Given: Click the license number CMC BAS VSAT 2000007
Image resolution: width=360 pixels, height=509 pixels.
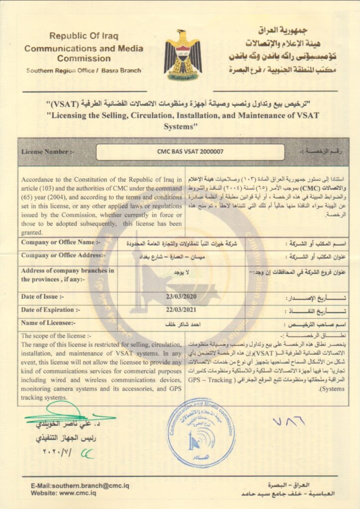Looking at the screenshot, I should click(x=190, y=152).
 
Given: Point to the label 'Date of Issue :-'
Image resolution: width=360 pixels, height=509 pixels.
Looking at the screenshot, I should click(x=43, y=297).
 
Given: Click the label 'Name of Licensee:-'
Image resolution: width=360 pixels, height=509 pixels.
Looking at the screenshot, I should click(x=48, y=323).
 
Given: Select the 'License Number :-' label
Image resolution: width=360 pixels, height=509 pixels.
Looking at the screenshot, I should click(x=48, y=152).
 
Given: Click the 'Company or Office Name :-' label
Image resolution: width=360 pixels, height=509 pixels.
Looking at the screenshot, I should click(x=61, y=243).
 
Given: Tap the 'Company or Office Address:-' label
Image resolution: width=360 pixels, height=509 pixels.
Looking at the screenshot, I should click(x=63, y=255).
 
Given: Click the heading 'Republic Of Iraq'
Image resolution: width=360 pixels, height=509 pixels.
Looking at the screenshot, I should click(x=84, y=36).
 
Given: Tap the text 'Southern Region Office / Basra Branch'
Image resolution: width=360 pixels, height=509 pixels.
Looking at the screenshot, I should click(x=84, y=71).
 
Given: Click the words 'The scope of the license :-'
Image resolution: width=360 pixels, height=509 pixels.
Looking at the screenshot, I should click(x=53, y=336).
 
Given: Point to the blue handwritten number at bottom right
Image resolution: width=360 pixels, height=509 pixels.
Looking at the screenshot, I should click(x=288, y=423).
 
